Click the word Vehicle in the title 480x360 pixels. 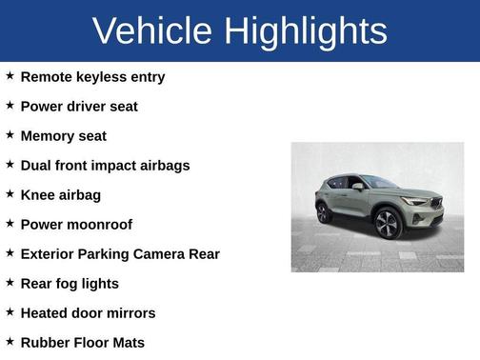(x=153, y=30)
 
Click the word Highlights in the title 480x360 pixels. (x=306, y=30)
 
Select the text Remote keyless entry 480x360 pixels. (x=92, y=76)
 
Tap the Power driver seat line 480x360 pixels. (x=79, y=106)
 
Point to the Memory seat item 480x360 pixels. (x=63, y=135)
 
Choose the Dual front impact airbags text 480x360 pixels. (x=105, y=165)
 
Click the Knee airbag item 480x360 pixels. (x=60, y=194)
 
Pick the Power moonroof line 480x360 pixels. (x=76, y=224)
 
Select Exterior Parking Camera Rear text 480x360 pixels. (x=120, y=253)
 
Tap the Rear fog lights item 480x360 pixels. (x=70, y=283)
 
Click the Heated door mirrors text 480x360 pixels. (x=88, y=312)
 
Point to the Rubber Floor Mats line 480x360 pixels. (x=82, y=342)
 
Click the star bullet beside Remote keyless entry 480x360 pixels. (x=10, y=75)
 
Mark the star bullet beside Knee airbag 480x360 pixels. (x=10, y=193)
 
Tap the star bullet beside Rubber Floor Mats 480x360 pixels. (x=10, y=341)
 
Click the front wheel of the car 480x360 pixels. (x=388, y=225)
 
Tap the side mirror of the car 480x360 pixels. (x=359, y=188)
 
